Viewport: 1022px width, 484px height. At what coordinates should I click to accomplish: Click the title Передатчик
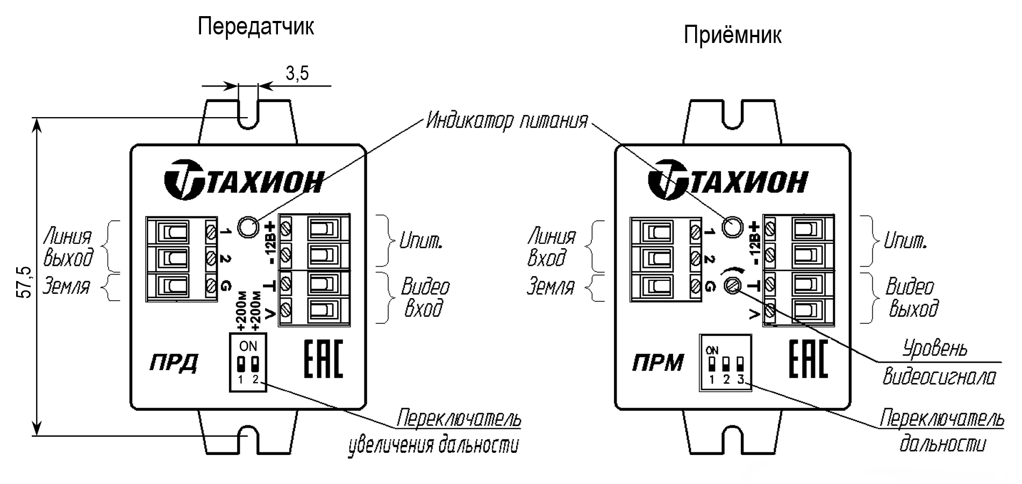(x=255, y=26)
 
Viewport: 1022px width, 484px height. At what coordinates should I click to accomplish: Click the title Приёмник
(x=732, y=35)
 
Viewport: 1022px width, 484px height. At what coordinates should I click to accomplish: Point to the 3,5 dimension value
(x=297, y=74)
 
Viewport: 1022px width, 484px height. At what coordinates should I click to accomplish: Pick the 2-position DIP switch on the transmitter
(x=248, y=362)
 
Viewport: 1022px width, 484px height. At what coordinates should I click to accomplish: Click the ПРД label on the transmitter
(x=173, y=364)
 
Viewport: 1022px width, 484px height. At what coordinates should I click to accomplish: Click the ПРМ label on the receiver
(x=657, y=364)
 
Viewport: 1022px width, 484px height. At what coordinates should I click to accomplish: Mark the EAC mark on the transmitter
(x=323, y=359)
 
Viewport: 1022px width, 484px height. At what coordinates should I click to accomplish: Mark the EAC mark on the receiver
(x=808, y=359)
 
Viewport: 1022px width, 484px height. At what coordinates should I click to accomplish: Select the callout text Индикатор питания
(x=506, y=121)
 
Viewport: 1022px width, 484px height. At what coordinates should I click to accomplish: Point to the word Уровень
(x=935, y=349)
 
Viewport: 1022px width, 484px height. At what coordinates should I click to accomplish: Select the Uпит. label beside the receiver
(x=905, y=241)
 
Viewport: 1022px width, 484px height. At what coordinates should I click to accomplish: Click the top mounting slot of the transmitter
(x=247, y=113)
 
